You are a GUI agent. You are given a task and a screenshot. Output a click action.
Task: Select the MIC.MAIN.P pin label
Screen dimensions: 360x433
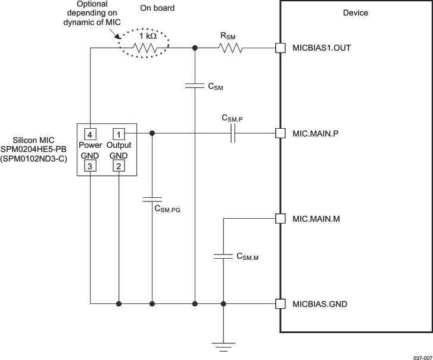pos(316,133)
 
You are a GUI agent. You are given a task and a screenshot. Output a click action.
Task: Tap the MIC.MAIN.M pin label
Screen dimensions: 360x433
pos(316,219)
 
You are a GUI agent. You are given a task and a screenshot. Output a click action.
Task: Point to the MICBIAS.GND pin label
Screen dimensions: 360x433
pos(320,304)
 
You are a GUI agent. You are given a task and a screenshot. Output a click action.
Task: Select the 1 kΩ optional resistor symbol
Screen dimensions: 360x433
pos(147,48)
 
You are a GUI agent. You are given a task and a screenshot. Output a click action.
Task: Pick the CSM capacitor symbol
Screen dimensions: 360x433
pos(195,86)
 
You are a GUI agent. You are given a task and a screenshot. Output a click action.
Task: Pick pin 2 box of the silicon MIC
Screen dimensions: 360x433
pos(119,166)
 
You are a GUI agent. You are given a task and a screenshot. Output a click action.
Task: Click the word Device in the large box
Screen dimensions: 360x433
pos(356,13)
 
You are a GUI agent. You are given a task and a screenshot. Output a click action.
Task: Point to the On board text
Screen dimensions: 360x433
pos(157,8)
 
